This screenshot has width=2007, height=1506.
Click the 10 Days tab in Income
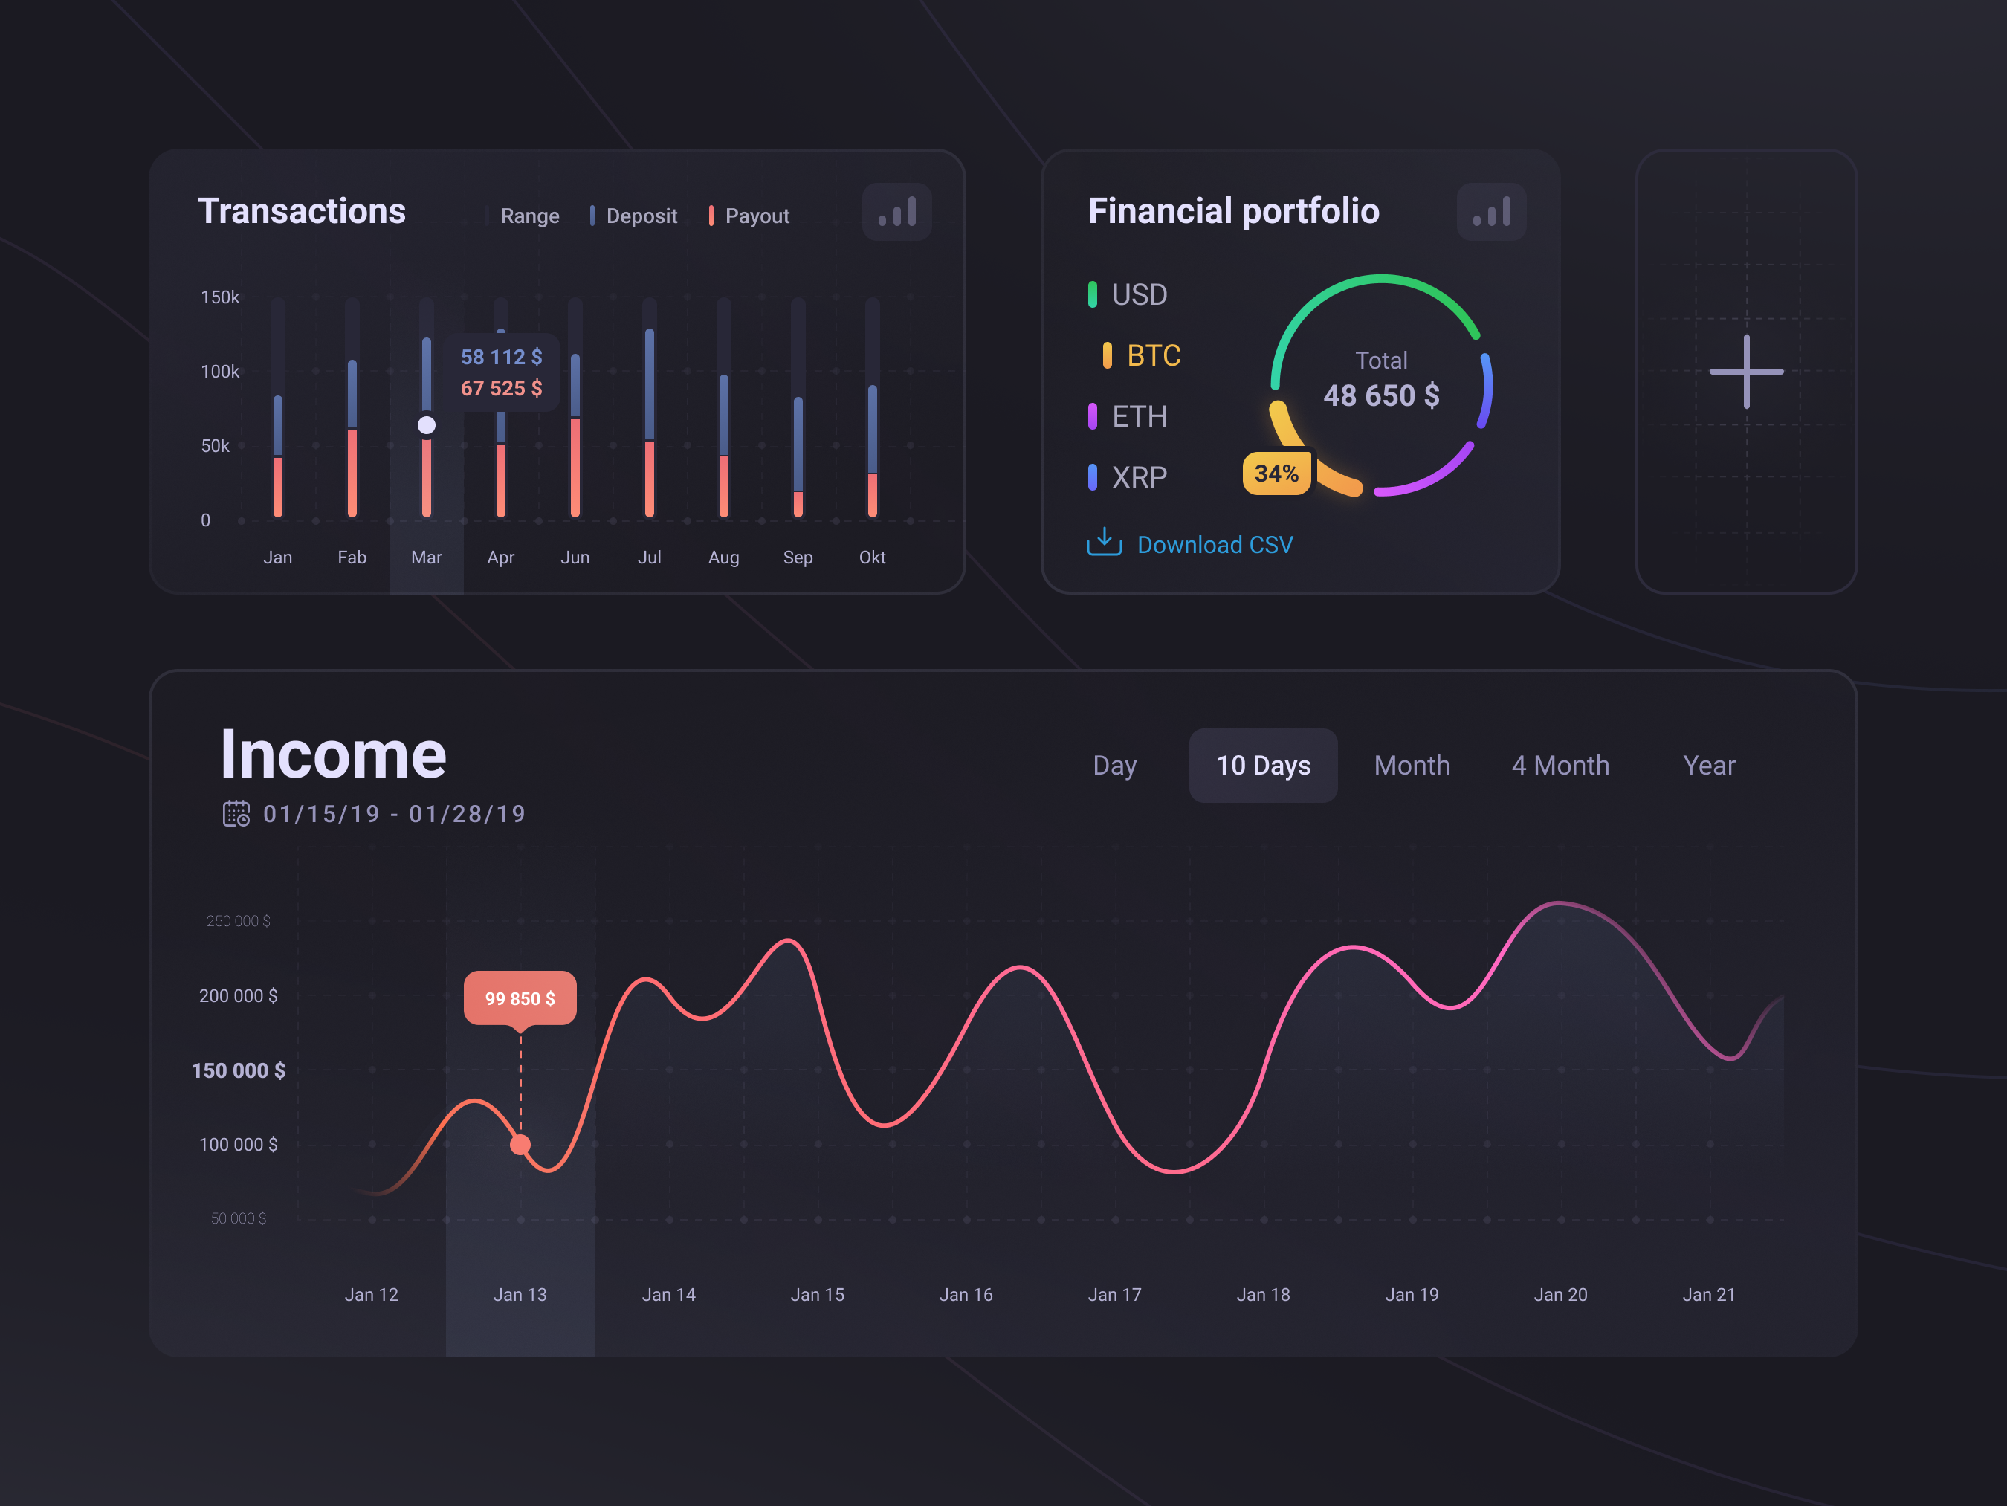(1263, 766)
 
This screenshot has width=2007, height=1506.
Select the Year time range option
(1708, 766)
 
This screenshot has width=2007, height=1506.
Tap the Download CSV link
(1214, 544)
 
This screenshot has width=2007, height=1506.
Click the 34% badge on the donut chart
(1276, 474)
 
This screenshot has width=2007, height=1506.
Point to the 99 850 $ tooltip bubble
(520, 998)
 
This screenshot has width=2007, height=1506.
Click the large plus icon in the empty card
(1745, 371)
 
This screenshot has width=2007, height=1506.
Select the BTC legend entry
(1152, 355)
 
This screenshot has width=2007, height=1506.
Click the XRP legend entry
(1138, 477)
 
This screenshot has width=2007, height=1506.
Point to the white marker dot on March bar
(427, 425)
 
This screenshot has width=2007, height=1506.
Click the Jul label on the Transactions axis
(649, 557)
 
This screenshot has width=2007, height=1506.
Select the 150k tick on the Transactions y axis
(219, 297)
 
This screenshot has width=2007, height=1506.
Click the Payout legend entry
(756, 216)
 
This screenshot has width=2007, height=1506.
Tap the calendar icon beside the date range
(236, 814)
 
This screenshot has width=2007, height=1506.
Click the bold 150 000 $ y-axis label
(239, 1070)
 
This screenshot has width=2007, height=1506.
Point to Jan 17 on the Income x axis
(1114, 1295)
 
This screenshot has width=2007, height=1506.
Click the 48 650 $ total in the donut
(1381, 395)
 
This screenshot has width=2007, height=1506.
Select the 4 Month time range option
(1560, 766)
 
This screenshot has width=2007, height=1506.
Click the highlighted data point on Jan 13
(520, 1145)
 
